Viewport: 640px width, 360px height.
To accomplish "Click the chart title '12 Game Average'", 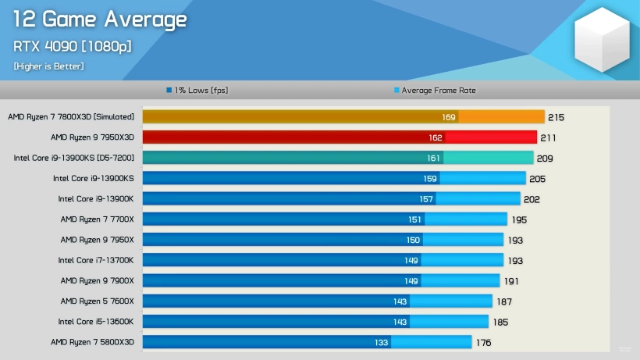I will coord(100,20).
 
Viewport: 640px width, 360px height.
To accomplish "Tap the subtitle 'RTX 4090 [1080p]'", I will coord(72,46).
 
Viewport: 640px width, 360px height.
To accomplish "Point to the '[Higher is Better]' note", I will coord(48,66).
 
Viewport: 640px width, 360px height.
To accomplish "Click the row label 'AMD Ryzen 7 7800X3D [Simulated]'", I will coord(71,117).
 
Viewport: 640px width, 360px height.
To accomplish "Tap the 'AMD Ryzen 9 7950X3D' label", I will coord(92,137).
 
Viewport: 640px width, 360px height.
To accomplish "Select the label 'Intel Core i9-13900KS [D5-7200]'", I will coord(74,158).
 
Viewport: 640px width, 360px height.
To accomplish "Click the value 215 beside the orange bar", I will coord(556,117).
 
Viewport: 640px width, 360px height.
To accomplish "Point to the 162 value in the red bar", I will coord(436,137).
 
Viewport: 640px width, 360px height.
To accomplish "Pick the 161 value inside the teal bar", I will coord(433,158).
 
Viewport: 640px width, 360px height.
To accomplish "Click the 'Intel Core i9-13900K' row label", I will coord(96,199).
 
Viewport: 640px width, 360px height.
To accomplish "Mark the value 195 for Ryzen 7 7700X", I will coord(519,219).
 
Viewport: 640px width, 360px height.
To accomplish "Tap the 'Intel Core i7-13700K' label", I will coord(96,260).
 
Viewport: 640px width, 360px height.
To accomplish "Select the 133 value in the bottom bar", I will coord(381,342).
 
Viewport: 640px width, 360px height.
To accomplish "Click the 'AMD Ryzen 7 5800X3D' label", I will coord(92,342).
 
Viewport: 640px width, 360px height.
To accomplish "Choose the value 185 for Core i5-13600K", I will coord(500,322).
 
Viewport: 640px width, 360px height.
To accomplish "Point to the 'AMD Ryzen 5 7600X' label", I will coord(97,301).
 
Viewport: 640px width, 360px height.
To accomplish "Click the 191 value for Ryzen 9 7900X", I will coord(511,281).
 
